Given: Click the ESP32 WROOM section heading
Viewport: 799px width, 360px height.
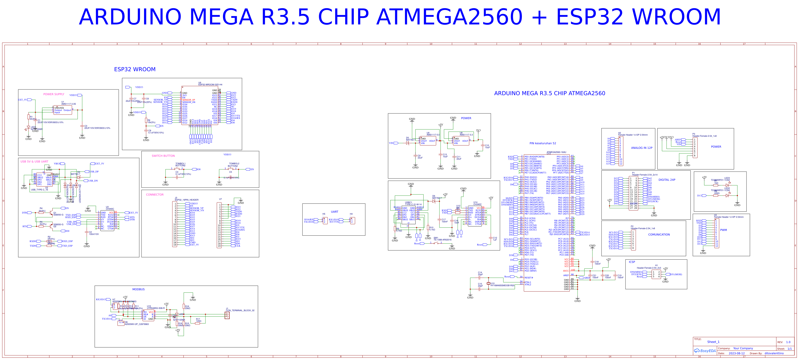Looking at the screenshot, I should click(135, 69).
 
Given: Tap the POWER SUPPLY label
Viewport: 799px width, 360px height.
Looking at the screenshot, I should click(54, 94).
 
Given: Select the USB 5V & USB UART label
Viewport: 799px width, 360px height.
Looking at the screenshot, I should click(34, 162).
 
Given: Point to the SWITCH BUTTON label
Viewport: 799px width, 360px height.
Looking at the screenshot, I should click(163, 156).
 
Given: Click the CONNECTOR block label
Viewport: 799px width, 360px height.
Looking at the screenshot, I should click(155, 195).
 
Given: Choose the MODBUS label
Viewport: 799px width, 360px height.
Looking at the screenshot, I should click(138, 289).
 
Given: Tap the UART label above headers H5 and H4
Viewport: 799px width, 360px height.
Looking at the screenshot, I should click(334, 212).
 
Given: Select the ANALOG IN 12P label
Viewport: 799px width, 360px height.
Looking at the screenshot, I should click(641, 148).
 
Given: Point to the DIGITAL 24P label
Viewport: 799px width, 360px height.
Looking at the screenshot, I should click(667, 180).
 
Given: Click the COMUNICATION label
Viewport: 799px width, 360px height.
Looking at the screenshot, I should click(659, 235).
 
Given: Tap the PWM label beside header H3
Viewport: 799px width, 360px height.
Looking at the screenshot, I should click(723, 230).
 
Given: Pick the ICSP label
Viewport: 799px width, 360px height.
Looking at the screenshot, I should click(632, 262).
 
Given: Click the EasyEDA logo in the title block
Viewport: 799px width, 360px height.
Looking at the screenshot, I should click(705, 351).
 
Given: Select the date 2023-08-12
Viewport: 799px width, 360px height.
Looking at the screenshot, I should click(736, 353).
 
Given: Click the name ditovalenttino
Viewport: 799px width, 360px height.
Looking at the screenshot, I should click(774, 353).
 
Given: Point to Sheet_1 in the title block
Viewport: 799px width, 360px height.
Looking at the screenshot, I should click(713, 342).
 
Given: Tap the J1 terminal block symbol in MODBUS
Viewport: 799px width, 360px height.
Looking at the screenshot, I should click(227, 315).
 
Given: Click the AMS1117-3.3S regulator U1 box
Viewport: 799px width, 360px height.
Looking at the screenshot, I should click(63, 110).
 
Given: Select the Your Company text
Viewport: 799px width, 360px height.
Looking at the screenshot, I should click(743, 348).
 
